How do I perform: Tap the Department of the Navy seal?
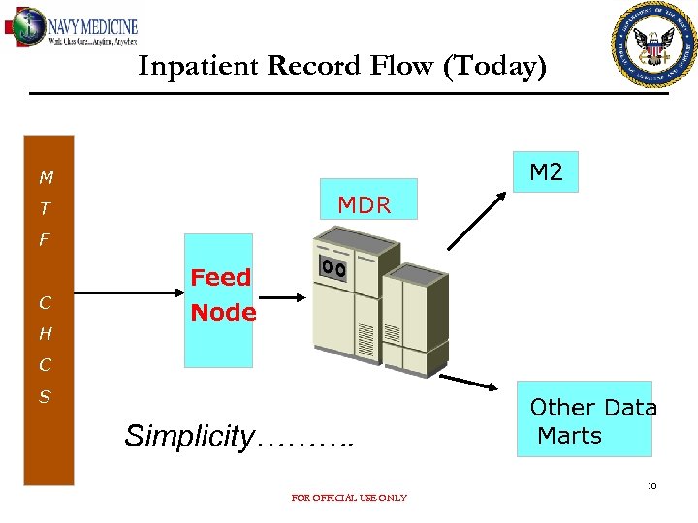(655, 45)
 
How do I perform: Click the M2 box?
(546, 172)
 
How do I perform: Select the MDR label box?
(365, 204)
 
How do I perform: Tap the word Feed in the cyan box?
(220, 278)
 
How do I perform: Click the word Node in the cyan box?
(223, 313)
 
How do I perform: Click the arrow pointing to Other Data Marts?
(475, 384)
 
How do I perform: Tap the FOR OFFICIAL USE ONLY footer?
(349, 498)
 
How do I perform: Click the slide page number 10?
(651, 486)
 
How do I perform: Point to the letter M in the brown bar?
(47, 178)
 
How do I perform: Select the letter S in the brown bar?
(46, 397)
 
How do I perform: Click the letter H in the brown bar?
(46, 334)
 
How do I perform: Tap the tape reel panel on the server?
(333, 266)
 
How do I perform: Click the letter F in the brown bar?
(45, 239)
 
